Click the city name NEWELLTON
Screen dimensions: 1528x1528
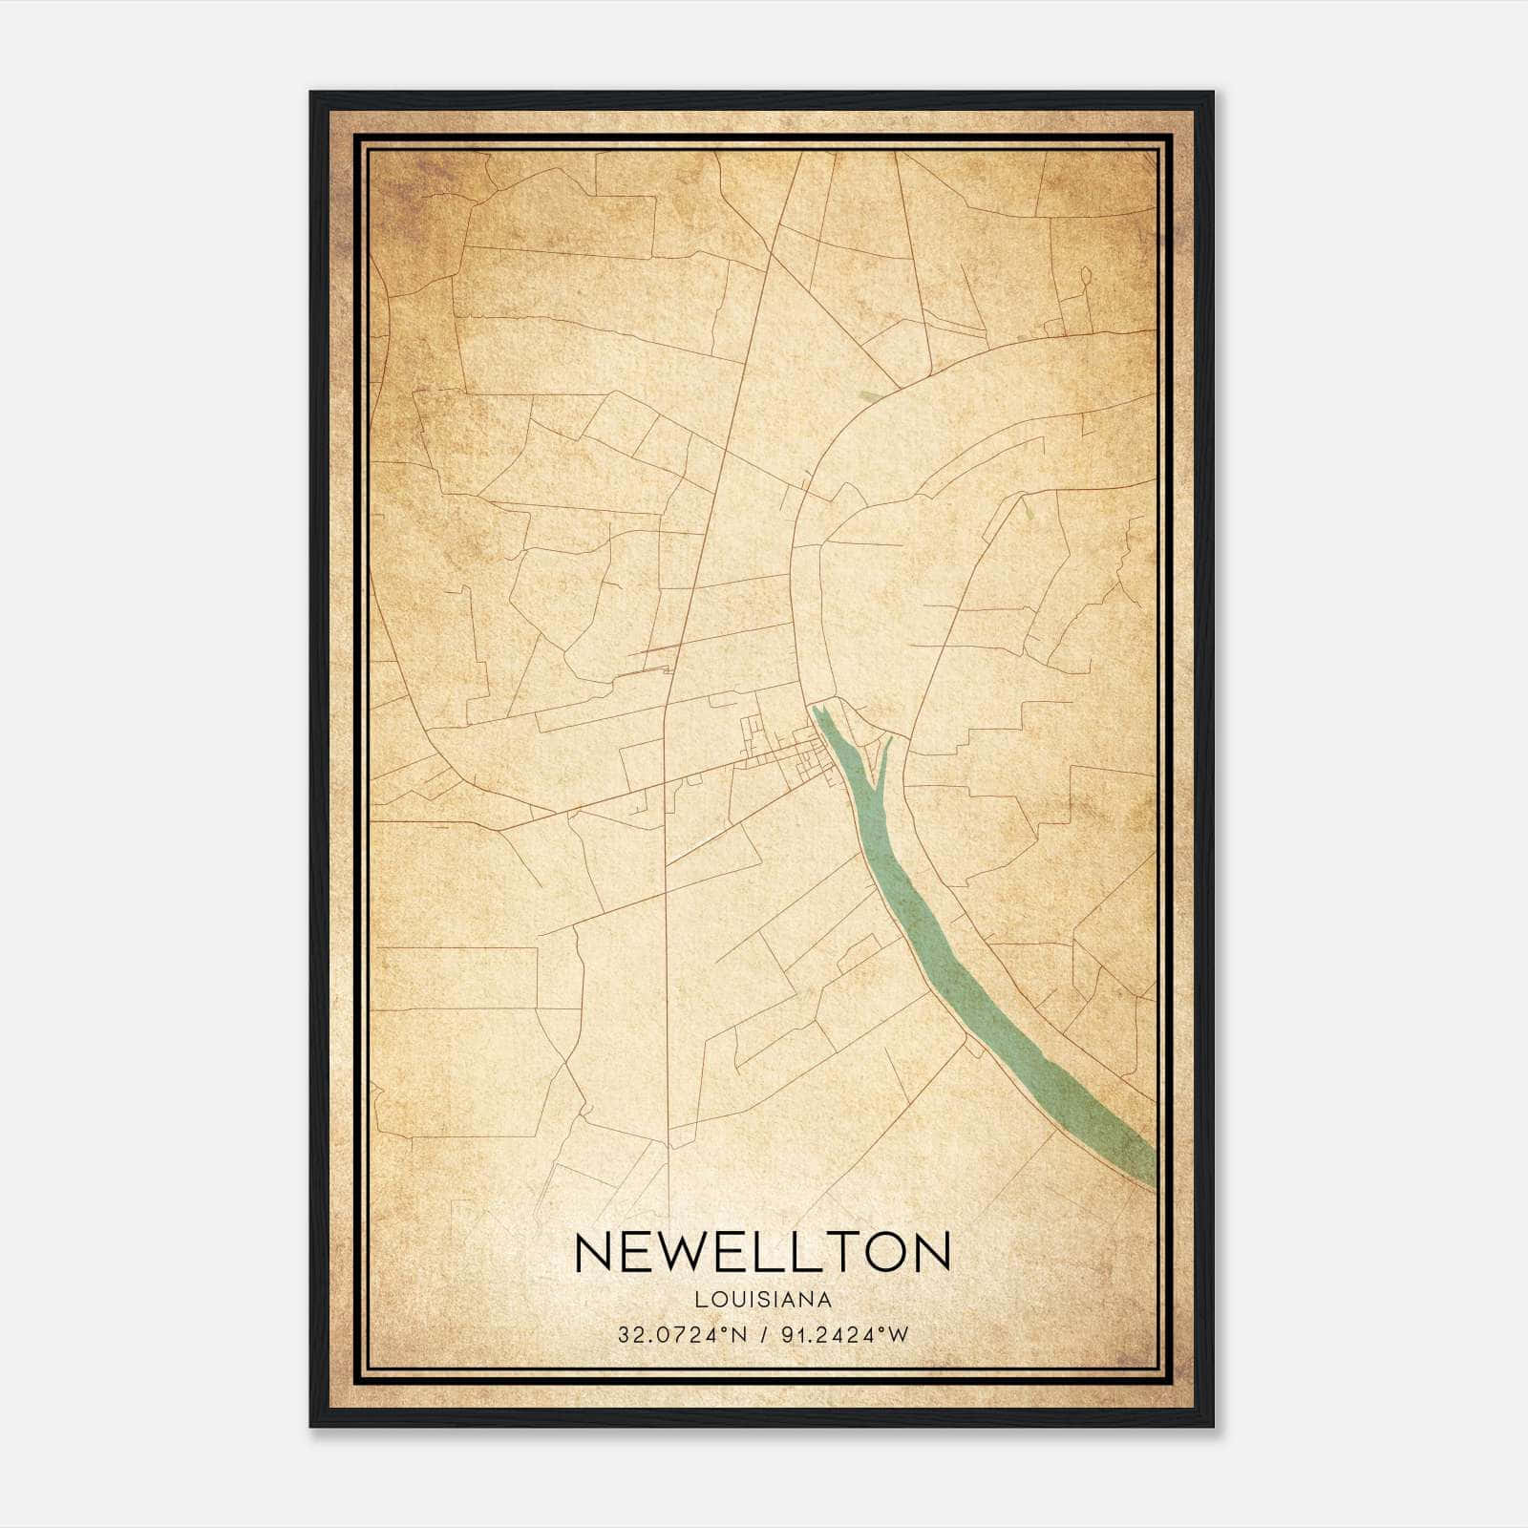763,1252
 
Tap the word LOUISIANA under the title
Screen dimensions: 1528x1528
763,1300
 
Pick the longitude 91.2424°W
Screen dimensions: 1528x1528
845,1335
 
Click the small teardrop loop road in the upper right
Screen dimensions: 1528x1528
1085,277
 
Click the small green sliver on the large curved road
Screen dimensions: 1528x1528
871,395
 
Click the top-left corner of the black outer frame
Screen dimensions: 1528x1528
312,94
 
